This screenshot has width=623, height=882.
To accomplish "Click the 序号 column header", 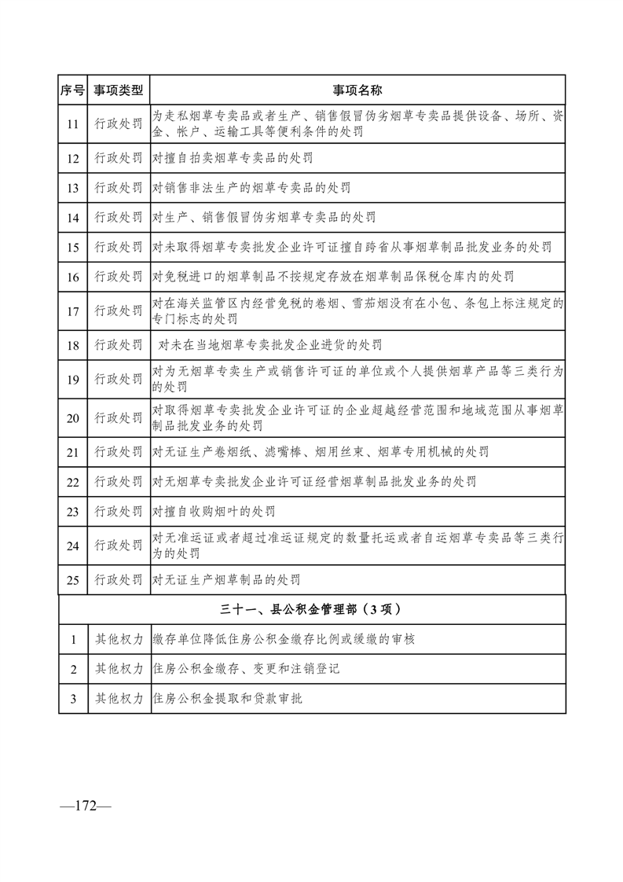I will pyautogui.click(x=72, y=90).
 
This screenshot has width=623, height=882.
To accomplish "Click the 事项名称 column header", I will pyautogui.click(x=358, y=90).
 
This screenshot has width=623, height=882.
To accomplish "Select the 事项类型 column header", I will pyautogui.click(x=119, y=90).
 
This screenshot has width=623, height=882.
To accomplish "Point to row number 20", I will pyautogui.click(x=72, y=417).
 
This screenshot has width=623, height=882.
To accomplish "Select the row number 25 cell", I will pyautogui.click(x=72, y=580).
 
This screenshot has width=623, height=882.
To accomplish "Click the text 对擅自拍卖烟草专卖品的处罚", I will pyautogui.click(x=233, y=158).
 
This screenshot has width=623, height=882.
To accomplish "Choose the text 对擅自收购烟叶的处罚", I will pyautogui.click(x=214, y=511).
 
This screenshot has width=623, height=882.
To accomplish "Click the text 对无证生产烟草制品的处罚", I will pyautogui.click(x=226, y=580).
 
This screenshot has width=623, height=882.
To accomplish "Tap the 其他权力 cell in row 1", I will pyautogui.click(x=119, y=639).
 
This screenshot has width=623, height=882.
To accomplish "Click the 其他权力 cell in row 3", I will pyautogui.click(x=119, y=697).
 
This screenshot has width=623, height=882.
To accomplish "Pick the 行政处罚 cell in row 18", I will pyautogui.click(x=119, y=344).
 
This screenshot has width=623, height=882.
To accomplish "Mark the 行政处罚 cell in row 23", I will pyautogui.click(x=119, y=511).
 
